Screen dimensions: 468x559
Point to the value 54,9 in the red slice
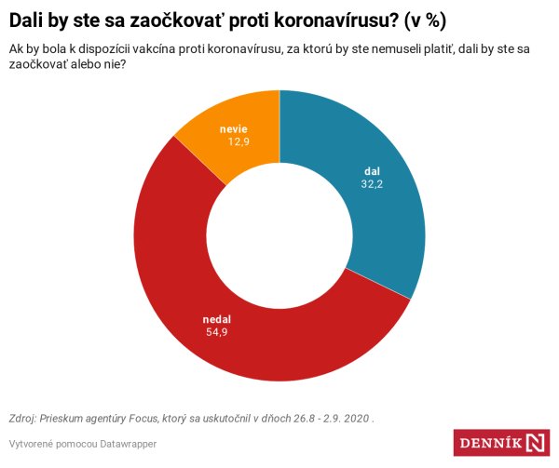(x=216, y=332)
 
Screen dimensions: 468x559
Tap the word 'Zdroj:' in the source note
(x=25, y=418)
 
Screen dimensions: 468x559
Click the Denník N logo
(x=502, y=443)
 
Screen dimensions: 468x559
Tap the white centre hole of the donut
(x=279, y=235)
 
